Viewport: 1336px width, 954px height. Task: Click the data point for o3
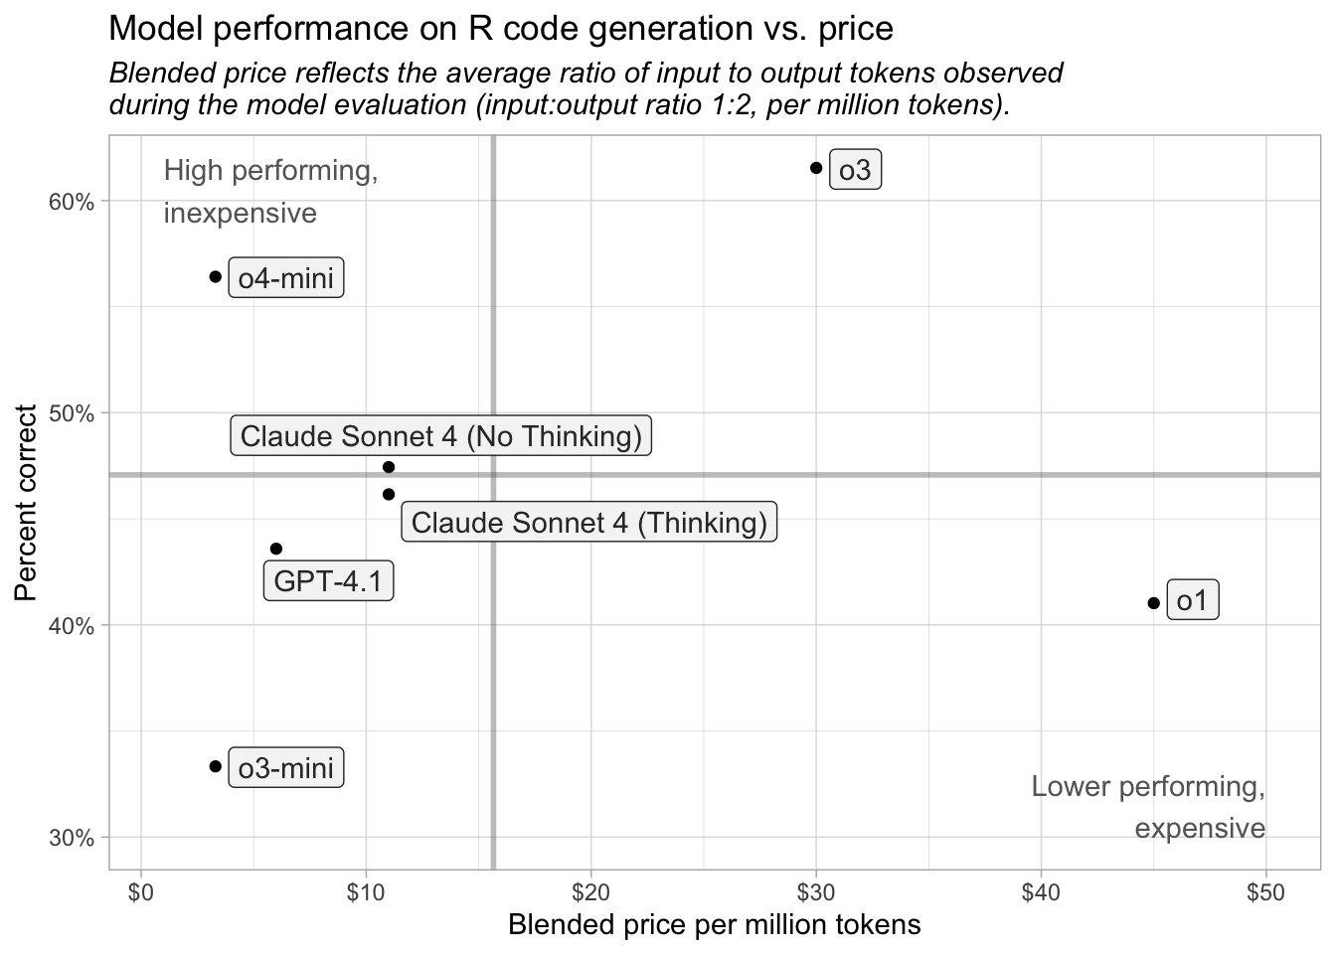(816, 168)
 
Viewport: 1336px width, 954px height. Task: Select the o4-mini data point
(216, 276)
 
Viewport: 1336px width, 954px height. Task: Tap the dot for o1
(1153, 603)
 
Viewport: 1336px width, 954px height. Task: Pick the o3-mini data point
(216, 766)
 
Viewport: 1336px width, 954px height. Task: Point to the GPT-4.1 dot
(276, 549)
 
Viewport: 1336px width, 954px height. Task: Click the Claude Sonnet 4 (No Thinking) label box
(441, 436)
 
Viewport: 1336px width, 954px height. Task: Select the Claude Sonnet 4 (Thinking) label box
(589, 523)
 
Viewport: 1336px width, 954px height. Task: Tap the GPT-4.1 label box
(328, 581)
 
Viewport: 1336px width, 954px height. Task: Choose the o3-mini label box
(286, 768)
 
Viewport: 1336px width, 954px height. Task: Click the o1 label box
(1192, 601)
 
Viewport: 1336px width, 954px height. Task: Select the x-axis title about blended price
(714, 925)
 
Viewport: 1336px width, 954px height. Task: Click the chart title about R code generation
(500, 29)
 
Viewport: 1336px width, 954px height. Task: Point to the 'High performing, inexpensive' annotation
(270, 192)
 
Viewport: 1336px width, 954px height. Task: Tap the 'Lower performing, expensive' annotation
(1148, 807)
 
